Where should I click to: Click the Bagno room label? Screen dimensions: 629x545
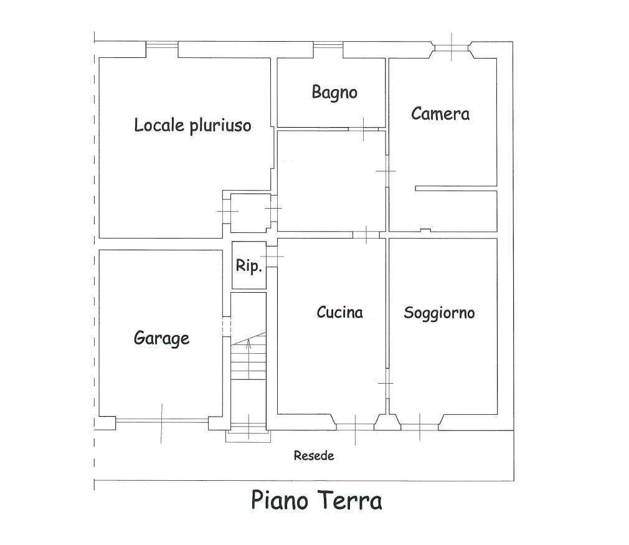pos(334,92)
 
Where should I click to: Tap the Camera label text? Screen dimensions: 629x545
pos(440,113)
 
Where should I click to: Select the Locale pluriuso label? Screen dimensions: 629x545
pos(192,125)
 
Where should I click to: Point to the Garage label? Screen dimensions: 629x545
pos(161,338)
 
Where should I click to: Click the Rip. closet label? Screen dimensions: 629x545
pos(248,265)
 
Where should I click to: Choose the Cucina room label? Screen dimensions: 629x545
pos(340,312)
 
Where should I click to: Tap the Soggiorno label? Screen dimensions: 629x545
pos(439,313)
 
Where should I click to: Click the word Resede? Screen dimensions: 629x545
pos(314,455)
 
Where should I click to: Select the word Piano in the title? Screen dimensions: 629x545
pos(280,500)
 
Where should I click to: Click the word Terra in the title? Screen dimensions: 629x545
pos(350,500)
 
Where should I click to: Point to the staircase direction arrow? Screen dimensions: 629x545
pos(248,359)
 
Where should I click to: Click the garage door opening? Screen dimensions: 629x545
pos(162,421)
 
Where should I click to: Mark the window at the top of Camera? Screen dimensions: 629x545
pos(452,48)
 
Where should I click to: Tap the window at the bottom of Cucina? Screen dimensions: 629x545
pos(356,427)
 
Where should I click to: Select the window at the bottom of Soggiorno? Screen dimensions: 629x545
pos(420,427)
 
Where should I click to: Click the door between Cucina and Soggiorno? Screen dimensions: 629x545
pos(387,383)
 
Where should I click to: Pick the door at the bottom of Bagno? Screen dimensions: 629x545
pos(364,129)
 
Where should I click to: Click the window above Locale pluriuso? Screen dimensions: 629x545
pos(162,44)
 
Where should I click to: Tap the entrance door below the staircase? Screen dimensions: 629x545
pos(248,427)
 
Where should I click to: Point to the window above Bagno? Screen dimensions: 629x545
pos(328,45)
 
